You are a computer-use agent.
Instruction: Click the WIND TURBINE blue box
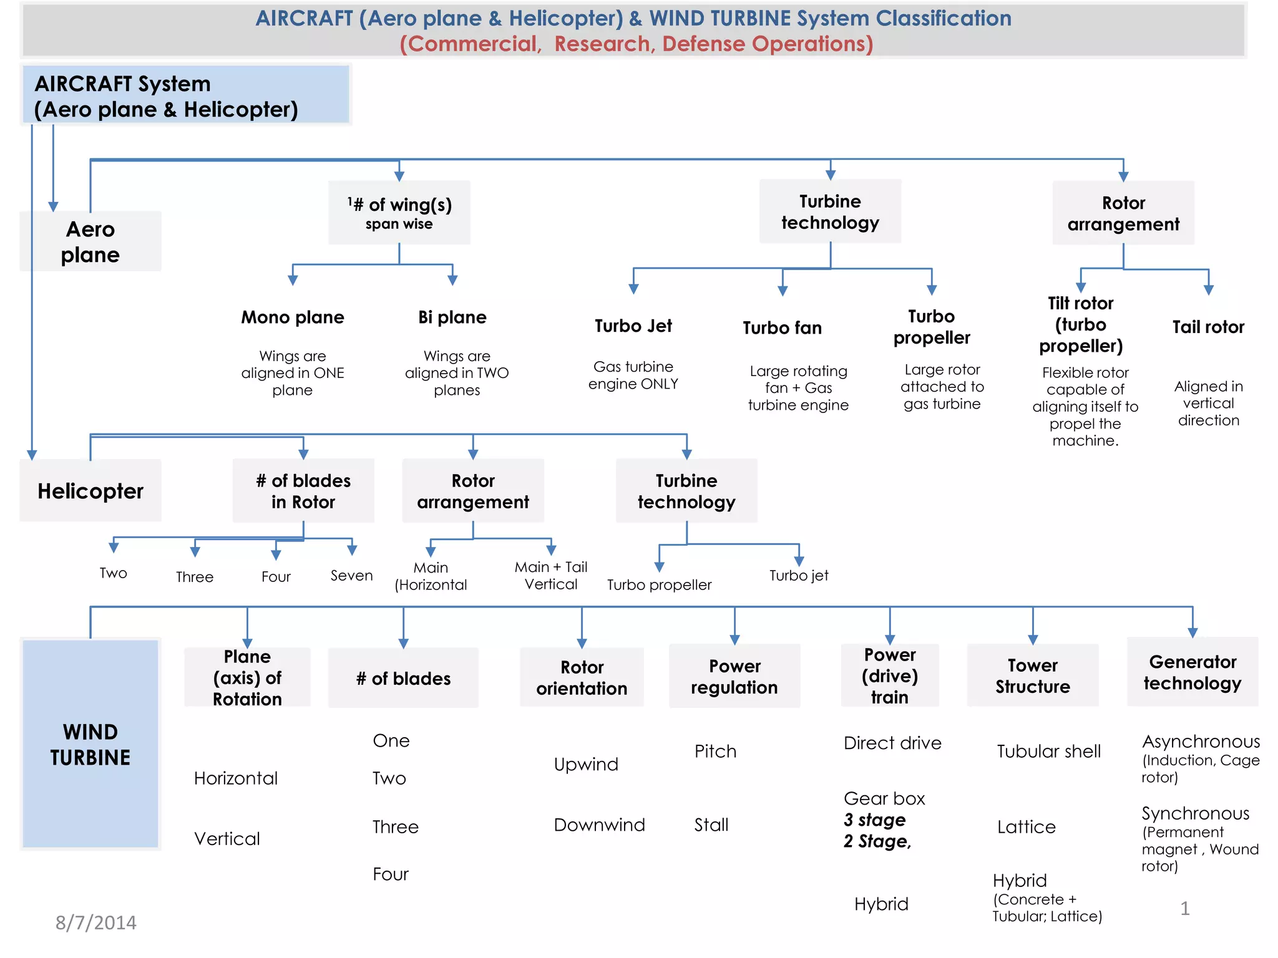[x=90, y=743]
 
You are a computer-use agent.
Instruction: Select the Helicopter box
[x=90, y=491]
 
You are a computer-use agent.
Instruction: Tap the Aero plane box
[x=90, y=242]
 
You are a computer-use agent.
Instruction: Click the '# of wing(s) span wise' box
[x=399, y=213]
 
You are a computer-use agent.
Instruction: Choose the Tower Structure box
[x=1033, y=675]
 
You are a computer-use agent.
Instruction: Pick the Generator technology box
[x=1193, y=672]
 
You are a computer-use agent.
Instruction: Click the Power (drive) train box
[x=890, y=675]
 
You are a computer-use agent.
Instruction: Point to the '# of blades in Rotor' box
[x=303, y=491]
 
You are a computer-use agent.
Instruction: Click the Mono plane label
[x=293, y=317]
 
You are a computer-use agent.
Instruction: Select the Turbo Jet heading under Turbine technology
[x=633, y=326]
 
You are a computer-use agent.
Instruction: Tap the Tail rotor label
[x=1208, y=327]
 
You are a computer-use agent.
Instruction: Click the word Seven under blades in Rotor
[x=352, y=576]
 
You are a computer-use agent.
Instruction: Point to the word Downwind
[x=599, y=825]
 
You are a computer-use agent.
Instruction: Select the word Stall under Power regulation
[x=711, y=825]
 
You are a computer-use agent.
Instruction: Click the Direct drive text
[x=892, y=743]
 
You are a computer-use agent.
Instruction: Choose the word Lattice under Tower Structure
[x=1027, y=827]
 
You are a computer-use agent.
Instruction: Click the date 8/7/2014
[x=96, y=922]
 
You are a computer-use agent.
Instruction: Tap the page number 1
[x=1185, y=908]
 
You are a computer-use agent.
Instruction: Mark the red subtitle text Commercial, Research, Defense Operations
[x=637, y=44]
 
